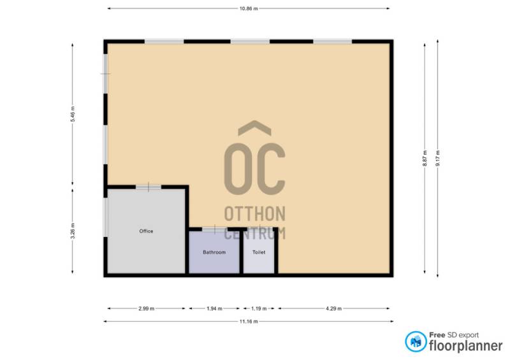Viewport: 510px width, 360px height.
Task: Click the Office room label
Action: click(146, 231)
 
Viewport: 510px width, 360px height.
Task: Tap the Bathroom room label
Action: click(214, 252)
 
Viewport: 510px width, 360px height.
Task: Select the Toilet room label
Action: click(259, 252)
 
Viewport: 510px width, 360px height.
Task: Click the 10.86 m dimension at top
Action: click(249, 9)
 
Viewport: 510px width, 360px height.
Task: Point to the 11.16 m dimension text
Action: click(249, 321)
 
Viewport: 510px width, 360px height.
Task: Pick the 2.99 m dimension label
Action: click(147, 308)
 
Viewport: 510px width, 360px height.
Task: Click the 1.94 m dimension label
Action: click(214, 308)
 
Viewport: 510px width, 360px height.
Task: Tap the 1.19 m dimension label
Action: click(259, 308)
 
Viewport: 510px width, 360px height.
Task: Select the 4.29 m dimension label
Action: click(333, 308)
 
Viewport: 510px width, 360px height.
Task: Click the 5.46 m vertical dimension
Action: click(73, 114)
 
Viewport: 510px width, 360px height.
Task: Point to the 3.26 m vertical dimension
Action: click(73, 231)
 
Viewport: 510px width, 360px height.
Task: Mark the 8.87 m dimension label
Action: click(425, 159)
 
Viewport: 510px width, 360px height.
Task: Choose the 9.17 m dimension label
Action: click(438, 159)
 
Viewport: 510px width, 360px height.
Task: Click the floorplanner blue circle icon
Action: click(416, 342)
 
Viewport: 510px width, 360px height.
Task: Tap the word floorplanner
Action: click(466, 346)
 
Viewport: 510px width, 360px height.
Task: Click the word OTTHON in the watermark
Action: click(254, 213)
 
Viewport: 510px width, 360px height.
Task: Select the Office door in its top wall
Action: click(149, 187)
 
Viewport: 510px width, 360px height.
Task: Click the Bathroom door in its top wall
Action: click(215, 229)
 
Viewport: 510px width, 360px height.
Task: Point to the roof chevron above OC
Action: click(254, 128)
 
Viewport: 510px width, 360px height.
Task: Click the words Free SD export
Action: click(454, 335)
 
